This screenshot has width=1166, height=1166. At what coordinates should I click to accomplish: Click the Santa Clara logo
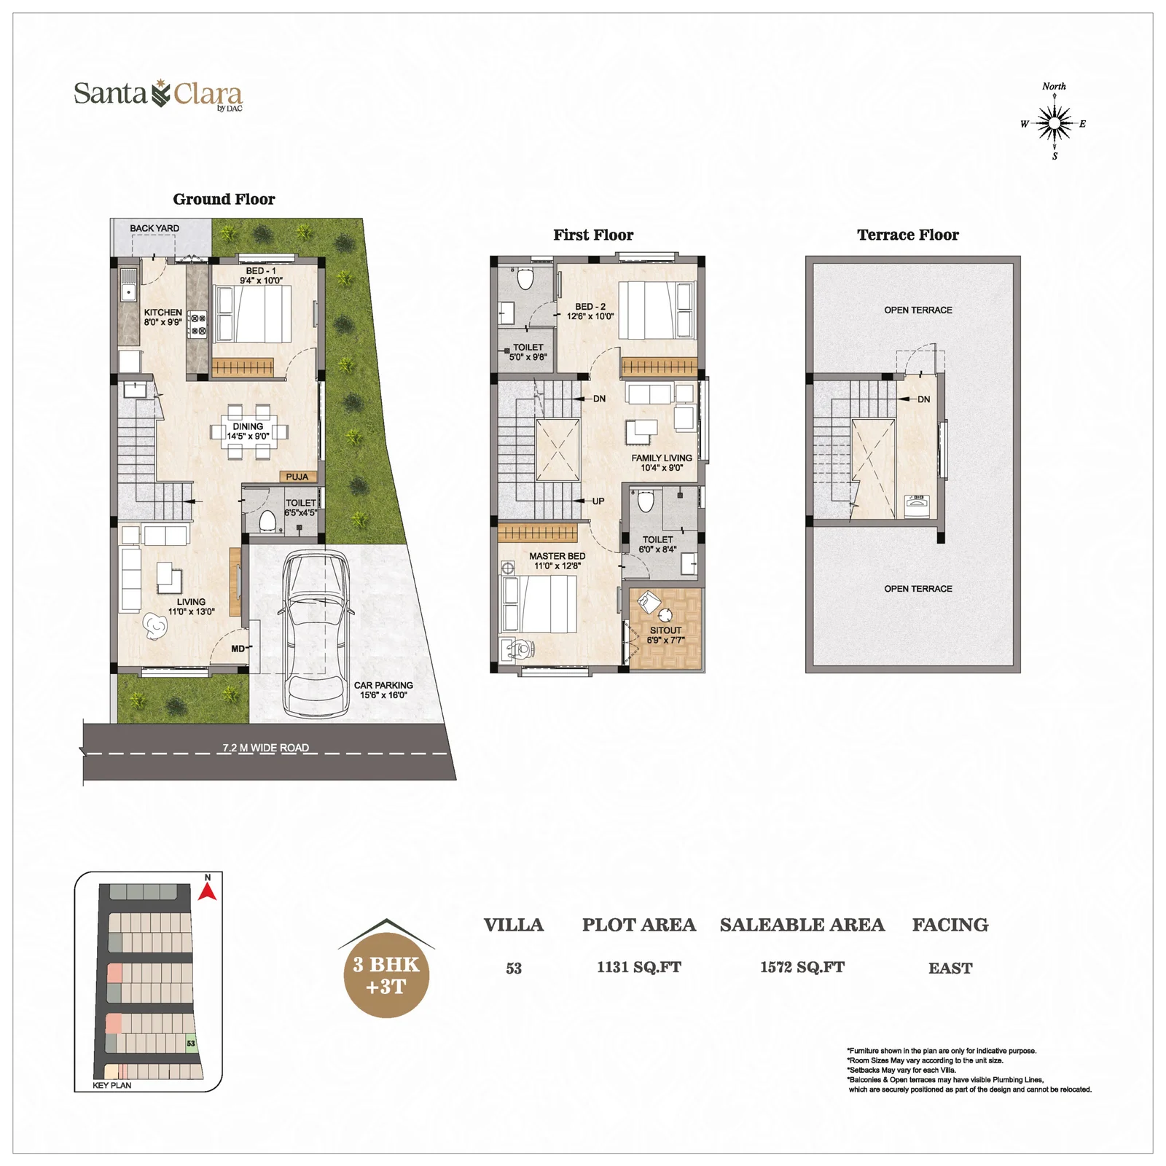158,95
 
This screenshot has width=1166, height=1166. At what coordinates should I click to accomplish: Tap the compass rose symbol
1054,122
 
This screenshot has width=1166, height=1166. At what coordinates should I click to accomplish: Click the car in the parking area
316,633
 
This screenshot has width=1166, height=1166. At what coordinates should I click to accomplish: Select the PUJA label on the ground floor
297,477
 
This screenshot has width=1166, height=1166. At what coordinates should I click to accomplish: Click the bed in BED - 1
253,314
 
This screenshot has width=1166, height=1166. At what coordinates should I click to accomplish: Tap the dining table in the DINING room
249,431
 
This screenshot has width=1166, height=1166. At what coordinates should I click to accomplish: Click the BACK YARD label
154,228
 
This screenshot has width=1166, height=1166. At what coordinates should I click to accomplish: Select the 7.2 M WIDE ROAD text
265,748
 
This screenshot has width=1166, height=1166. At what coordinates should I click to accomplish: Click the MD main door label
238,649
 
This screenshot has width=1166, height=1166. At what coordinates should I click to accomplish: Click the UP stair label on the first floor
598,501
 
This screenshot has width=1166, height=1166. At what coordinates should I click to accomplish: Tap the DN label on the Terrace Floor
924,399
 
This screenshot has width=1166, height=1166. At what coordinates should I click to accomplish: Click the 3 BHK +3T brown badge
386,975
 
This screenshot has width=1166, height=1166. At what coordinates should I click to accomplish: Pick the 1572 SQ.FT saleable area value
802,967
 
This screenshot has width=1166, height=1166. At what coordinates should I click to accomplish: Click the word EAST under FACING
950,968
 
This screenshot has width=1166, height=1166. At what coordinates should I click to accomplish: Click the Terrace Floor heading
908,235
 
